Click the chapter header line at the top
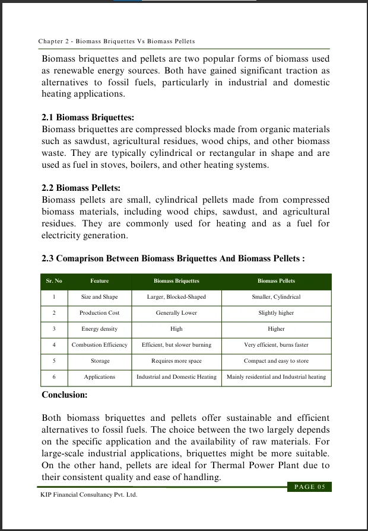[116, 41]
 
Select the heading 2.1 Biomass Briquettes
[88, 117]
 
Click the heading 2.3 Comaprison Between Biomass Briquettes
[173, 259]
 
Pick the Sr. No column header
[54, 281]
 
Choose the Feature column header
[100, 281]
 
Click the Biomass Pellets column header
[276, 281]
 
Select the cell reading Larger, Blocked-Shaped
[176, 297]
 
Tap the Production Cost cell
[100, 313]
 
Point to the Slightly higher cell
[276, 313]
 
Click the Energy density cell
[100, 329]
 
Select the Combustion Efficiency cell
[100, 345]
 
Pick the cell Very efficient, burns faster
[276, 345]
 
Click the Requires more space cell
[176, 361]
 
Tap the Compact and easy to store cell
[276, 361]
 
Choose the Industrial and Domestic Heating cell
[176, 377]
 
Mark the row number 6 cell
[54, 377]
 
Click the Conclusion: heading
[65, 395]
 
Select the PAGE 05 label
[309, 487]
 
